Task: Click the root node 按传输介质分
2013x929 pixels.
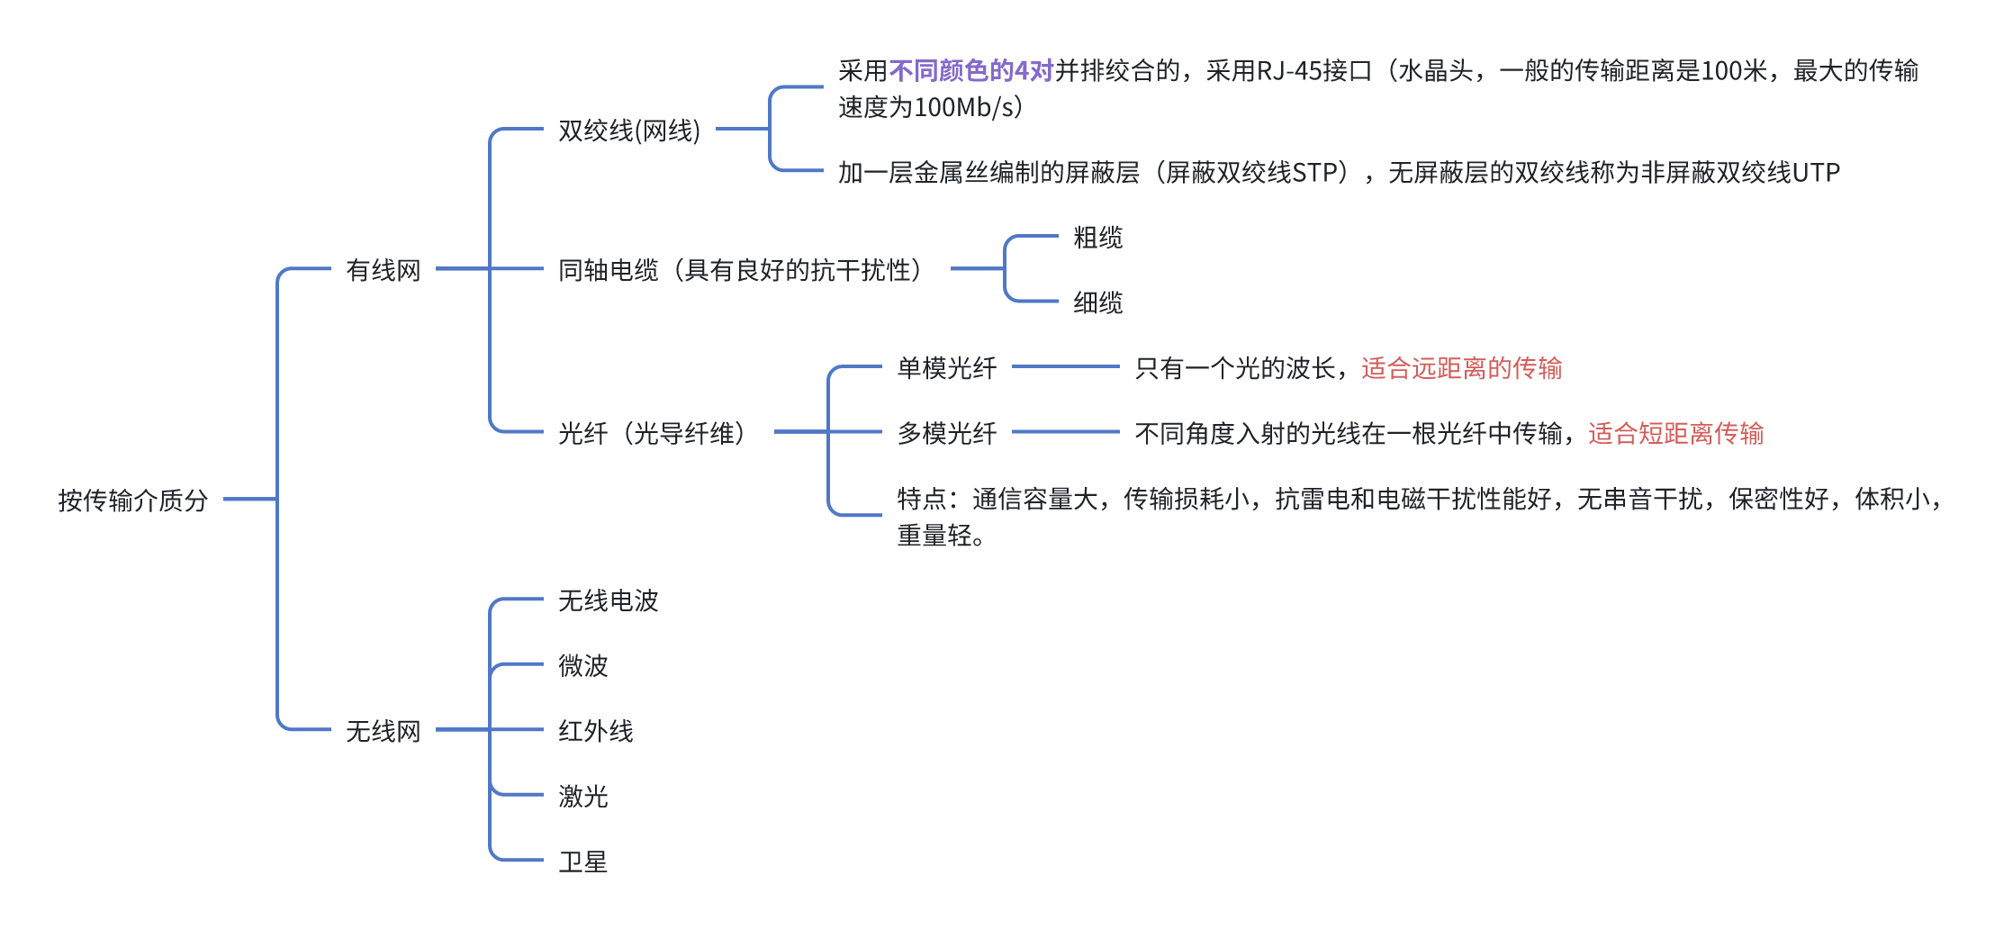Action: tap(133, 500)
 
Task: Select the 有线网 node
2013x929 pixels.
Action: tap(384, 270)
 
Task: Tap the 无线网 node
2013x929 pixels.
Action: tap(384, 731)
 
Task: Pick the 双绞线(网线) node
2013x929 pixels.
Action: tap(629, 131)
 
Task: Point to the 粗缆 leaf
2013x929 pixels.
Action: tap(1097, 238)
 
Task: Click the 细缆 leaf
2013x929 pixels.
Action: tap(1097, 302)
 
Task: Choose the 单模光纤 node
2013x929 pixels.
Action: tap(946, 368)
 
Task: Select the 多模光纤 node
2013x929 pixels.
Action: tap(946, 434)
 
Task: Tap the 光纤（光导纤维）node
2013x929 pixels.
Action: tap(652, 434)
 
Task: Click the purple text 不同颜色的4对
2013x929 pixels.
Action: tap(970, 70)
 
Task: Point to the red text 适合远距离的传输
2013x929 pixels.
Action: tap(1461, 368)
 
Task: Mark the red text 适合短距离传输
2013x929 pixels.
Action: tap(1675, 434)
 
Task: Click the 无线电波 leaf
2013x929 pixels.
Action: tap(608, 600)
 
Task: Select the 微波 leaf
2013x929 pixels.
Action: tap(582, 665)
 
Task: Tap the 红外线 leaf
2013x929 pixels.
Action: tap(595, 731)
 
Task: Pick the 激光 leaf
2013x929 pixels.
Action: tap(582, 796)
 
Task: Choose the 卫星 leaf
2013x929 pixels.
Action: tap(582, 861)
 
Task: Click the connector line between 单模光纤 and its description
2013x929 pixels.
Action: tap(1065, 367)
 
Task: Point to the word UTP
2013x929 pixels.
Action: tap(1816, 172)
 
